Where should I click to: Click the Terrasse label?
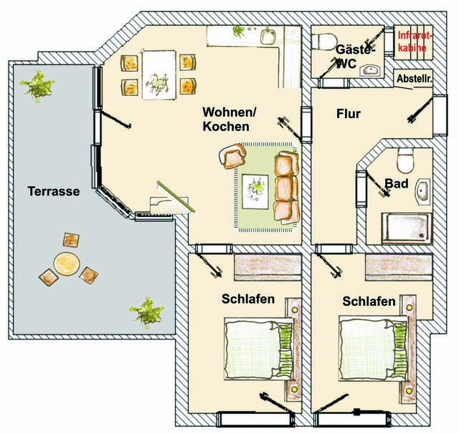(53, 191)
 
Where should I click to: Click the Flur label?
(348, 114)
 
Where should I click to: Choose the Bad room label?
(396, 184)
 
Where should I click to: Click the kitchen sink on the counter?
(269, 36)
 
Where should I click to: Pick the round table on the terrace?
(66, 263)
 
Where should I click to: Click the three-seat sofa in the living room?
(285, 186)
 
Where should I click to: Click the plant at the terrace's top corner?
(37, 87)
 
